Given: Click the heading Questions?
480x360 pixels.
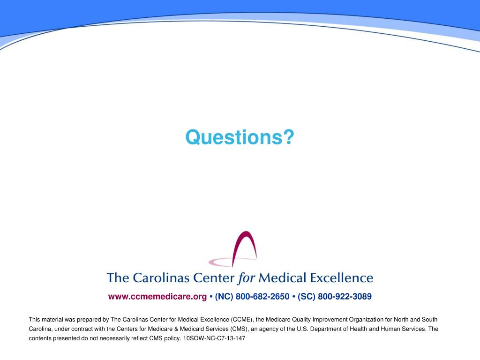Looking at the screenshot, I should coord(240,137).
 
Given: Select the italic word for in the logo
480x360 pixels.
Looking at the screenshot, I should coord(246,278).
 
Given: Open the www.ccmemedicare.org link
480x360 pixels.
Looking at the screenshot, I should coord(157,296).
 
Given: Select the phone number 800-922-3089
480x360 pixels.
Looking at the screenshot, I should coord(345,296).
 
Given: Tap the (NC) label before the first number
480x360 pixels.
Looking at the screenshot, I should coord(224,296).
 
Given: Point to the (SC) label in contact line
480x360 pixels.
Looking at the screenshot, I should coord(307,296).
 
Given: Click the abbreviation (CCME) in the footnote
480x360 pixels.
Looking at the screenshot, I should coord(241,319).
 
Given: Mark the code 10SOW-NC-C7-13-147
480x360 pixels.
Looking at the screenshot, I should coord(214,338).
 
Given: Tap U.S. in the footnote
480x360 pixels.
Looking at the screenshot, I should coord(304,329).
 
